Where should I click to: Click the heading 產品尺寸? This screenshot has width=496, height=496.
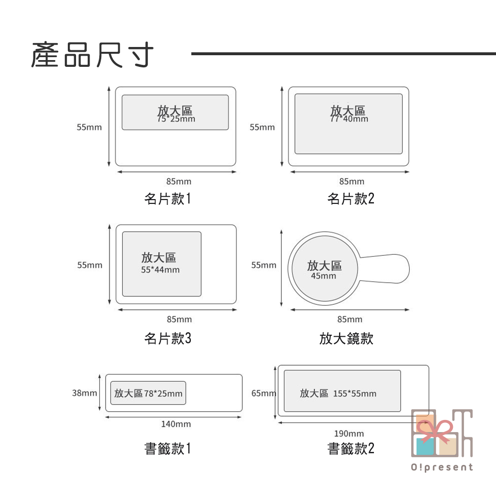[x=92, y=55]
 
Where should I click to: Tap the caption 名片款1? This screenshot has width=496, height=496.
[x=168, y=199]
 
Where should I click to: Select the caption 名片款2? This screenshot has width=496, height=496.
[x=351, y=199]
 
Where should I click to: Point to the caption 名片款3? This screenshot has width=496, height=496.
[x=168, y=339]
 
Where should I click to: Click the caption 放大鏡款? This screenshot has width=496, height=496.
[x=346, y=339]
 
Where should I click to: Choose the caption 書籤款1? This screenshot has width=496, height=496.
[x=168, y=449]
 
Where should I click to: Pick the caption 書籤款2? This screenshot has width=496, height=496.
[x=351, y=449]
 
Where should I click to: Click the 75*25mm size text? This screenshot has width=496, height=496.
[x=176, y=119]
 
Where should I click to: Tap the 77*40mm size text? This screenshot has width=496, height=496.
[x=349, y=119]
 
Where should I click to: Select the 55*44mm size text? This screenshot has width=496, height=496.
[x=160, y=270]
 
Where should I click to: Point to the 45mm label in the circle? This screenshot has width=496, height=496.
[x=323, y=276]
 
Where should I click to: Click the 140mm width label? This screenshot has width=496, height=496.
[x=176, y=424]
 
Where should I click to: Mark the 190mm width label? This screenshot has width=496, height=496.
[x=349, y=434]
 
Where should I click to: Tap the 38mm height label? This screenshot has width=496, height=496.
[x=84, y=393]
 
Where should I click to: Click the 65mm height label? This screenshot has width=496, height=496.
[x=263, y=393]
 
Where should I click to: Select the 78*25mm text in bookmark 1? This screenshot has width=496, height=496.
[x=163, y=393]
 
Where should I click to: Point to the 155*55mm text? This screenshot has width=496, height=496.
[x=355, y=393]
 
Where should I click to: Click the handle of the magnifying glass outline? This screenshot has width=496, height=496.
[x=386, y=268]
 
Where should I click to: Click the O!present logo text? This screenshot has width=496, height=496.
[x=442, y=467]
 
